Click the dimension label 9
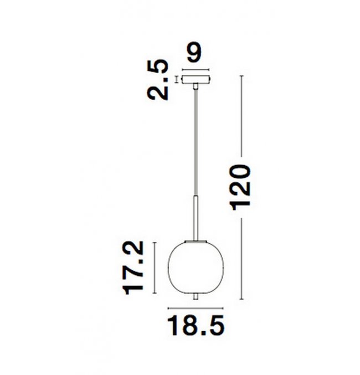click(194, 53)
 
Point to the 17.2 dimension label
click(133, 268)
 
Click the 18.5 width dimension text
click(196, 326)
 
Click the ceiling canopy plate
click(196, 80)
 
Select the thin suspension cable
click(196, 142)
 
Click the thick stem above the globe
click(196, 218)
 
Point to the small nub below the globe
click(196, 297)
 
